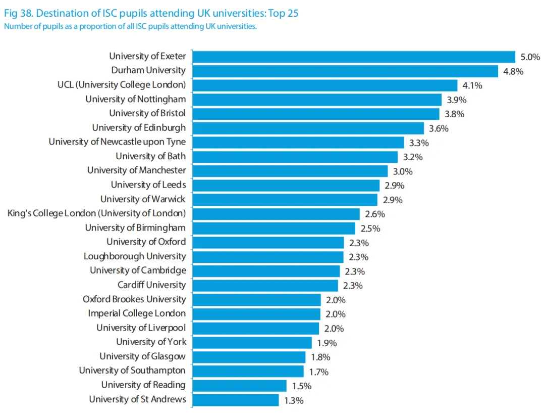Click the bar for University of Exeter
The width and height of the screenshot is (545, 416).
pos(353,57)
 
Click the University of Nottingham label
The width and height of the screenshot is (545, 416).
pos(135,99)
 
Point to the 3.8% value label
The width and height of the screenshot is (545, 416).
pos(454,114)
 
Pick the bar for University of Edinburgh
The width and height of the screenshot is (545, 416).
pos(308,128)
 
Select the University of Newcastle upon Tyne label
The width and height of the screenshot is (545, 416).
pos(117,142)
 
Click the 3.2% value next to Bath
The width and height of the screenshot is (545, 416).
pos(412,157)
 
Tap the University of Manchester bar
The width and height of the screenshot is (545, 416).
pos(290,170)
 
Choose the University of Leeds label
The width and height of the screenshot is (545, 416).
pos(148,184)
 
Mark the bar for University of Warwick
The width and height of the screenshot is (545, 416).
pos(285,199)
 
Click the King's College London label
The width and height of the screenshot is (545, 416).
pos(96,213)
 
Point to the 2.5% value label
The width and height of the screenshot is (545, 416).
pos(370,228)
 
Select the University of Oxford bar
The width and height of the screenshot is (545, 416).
pos(268,242)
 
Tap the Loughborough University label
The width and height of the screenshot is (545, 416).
pos(135,256)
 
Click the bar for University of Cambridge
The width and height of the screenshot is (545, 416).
pos(266,270)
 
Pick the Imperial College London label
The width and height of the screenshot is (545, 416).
pos(137,313)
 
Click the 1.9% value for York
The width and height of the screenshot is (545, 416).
pos(326,343)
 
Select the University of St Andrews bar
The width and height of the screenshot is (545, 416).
pos(236,400)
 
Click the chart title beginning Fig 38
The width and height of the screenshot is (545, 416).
pos(151,13)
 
